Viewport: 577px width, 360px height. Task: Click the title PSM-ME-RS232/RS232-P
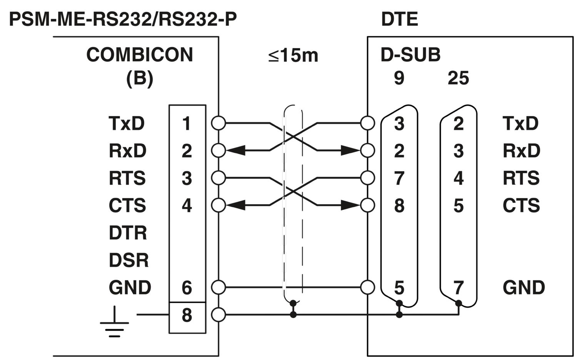pyautogui.click(x=123, y=19)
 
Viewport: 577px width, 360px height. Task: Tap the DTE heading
pyautogui.click(x=399, y=19)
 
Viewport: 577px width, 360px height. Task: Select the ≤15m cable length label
pyautogui.click(x=293, y=56)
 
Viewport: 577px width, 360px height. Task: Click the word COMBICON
pyautogui.click(x=140, y=55)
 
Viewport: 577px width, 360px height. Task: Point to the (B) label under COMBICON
pyautogui.click(x=140, y=78)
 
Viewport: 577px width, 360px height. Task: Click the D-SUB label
pyautogui.click(x=410, y=55)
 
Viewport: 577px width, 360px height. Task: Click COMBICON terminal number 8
pyautogui.click(x=187, y=315)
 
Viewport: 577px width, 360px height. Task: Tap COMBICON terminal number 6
pyautogui.click(x=187, y=288)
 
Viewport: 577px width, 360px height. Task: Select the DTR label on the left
pyautogui.click(x=128, y=233)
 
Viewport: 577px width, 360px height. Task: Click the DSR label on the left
pyautogui.click(x=128, y=260)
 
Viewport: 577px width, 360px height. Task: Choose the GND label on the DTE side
pyautogui.click(x=524, y=288)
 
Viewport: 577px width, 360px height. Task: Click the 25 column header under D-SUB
pyautogui.click(x=458, y=78)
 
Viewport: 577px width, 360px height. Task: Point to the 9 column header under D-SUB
pyautogui.click(x=399, y=78)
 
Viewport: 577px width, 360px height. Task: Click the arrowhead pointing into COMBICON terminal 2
pyautogui.click(x=235, y=150)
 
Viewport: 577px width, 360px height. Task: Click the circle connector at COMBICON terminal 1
pyautogui.click(x=218, y=123)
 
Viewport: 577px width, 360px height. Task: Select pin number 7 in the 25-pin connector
pyautogui.click(x=458, y=288)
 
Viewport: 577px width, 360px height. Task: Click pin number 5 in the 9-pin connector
pyautogui.click(x=399, y=288)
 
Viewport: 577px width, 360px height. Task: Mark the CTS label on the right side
pyautogui.click(x=521, y=206)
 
